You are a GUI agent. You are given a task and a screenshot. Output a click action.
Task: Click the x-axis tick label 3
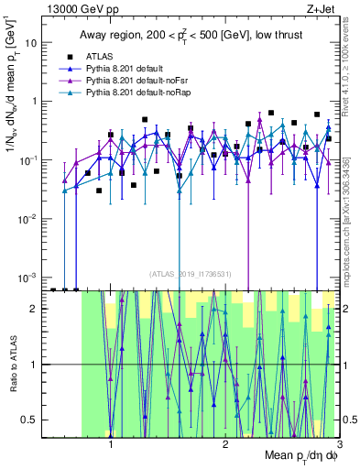pyautogui.click(x=339, y=445)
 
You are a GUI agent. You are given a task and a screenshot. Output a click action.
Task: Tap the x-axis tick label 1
pyautogui.click(x=111, y=445)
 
